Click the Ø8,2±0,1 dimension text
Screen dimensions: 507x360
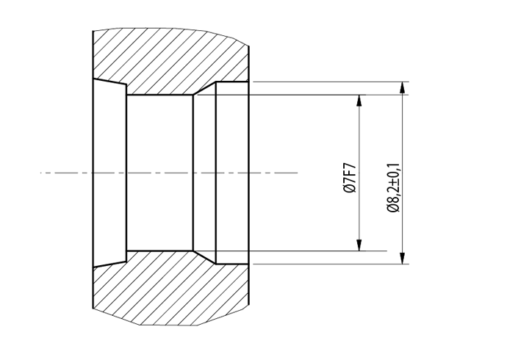(x=394, y=187)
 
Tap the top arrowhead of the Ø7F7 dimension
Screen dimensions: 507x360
(x=359, y=101)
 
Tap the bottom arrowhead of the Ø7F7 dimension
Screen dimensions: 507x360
(x=359, y=245)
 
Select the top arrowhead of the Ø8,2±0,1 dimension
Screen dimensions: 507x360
(x=402, y=87)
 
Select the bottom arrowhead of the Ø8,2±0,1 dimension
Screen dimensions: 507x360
(x=402, y=258)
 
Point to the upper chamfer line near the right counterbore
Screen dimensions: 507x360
(x=204, y=88)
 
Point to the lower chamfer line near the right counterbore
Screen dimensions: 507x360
(x=204, y=257)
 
